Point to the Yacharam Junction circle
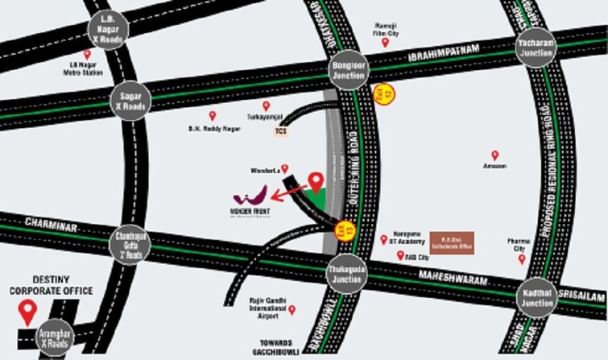pos(536,48)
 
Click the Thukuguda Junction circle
pos(348,275)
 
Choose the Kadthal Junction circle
pos(536,298)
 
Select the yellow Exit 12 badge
pos(386,94)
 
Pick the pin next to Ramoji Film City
pos(385,41)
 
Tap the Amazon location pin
pos(494,155)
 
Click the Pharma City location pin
pos(521,259)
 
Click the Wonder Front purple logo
pos(250,196)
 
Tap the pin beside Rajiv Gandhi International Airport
pos(292,309)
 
